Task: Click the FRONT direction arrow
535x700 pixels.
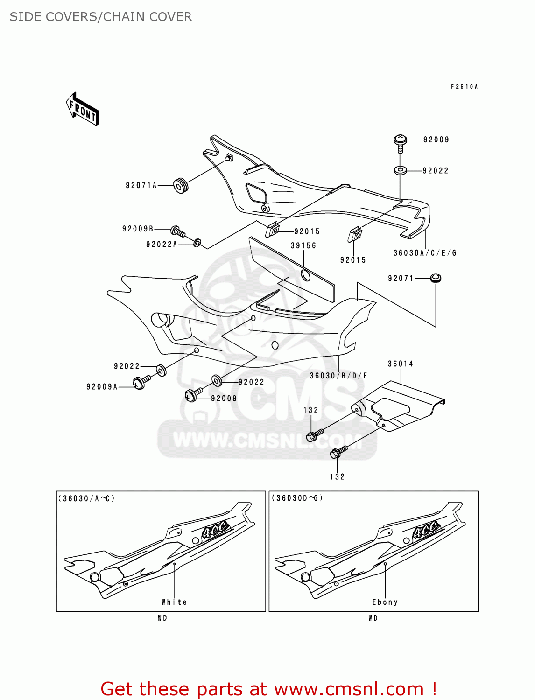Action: [83, 109]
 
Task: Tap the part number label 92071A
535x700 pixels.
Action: [141, 185]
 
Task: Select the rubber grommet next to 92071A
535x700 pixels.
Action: [181, 185]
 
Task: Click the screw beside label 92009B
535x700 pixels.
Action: [177, 231]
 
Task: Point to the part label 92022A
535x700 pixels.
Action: [162, 245]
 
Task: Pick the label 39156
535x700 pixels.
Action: [303, 245]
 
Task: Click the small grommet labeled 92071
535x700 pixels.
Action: [436, 278]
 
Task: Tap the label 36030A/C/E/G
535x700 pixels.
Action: [425, 253]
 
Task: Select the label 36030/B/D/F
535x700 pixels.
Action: [338, 376]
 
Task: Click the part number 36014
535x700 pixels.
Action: [401, 364]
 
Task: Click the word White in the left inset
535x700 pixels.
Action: [174, 602]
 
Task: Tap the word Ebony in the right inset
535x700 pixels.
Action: [385, 602]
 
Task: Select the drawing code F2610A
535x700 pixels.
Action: [464, 87]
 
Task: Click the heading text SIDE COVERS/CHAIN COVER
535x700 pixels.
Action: [101, 17]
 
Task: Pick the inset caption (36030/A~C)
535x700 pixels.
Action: [86, 498]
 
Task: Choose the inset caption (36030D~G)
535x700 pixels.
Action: [297, 498]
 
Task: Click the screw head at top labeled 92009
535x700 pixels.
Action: [401, 140]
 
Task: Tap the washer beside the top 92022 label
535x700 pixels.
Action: [400, 170]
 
